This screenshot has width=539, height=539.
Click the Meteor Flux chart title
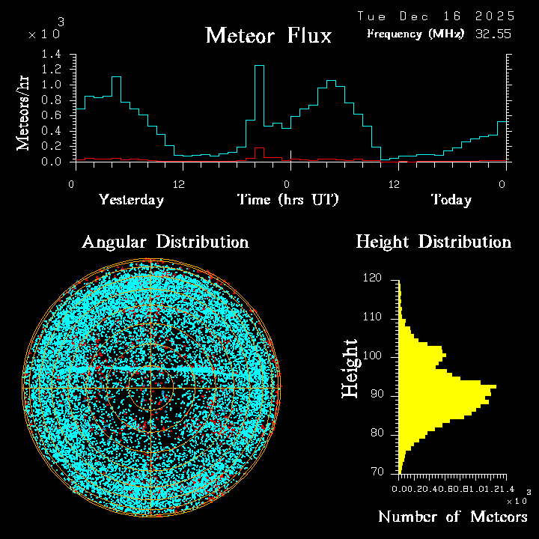pos(268,35)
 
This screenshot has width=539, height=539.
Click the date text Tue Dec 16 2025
pos(436,16)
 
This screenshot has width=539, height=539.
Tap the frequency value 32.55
pos(494,34)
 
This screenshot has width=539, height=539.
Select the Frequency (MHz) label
pos(415,34)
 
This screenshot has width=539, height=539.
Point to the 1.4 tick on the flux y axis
pos(52,54)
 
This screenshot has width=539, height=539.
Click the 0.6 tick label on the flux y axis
pos(52,115)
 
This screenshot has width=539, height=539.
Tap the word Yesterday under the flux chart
pos(131,200)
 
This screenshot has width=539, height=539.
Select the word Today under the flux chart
pos(451,200)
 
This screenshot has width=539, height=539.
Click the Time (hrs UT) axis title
pos(288,200)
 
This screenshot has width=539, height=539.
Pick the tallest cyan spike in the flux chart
pos(259,67)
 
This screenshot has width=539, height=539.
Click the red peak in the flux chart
pos(259,148)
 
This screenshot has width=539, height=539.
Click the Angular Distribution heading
pos(165,242)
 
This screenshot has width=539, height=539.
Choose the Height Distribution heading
pos(433,242)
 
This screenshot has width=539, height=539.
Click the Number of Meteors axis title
pos(453,517)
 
